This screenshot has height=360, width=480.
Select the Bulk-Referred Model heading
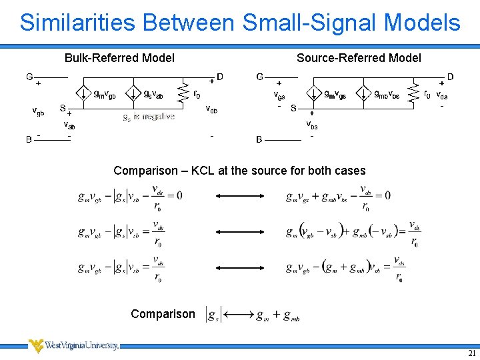point(119,58)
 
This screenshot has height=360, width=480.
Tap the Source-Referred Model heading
point(359,58)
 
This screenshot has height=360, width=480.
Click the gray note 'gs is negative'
point(149,117)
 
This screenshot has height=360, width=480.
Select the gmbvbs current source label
point(387,95)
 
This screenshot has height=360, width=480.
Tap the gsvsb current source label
point(153,95)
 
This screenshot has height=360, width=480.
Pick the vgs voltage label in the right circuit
point(279,95)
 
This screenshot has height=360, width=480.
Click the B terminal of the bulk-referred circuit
point(29,139)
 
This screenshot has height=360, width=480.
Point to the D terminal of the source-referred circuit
point(451,77)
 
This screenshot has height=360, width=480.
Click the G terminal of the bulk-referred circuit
point(29,77)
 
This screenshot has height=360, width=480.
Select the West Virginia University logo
point(73,345)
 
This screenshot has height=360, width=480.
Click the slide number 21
point(472,353)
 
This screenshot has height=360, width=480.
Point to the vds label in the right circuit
point(441,95)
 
